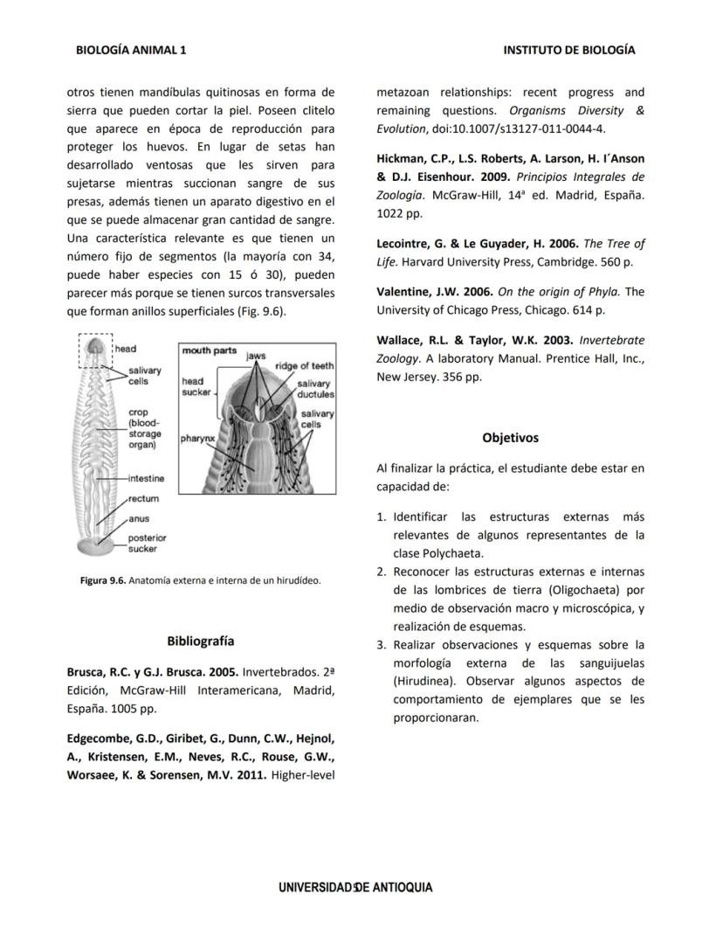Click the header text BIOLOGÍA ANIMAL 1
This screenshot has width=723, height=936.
click(131, 51)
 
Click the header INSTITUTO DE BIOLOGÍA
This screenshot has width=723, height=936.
click(568, 51)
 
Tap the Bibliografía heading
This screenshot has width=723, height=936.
click(200, 641)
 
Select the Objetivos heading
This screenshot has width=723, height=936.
click(510, 438)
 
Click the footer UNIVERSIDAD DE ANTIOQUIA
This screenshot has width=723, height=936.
click(355, 887)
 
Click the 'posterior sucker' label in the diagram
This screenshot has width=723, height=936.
click(147, 543)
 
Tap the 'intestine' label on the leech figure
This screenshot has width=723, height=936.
click(146, 479)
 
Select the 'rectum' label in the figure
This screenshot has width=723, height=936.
click(143, 499)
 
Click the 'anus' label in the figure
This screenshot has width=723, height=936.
click(138, 519)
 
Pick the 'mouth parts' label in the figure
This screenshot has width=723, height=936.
click(209, 350)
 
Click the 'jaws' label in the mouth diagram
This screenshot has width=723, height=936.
click(255, 357)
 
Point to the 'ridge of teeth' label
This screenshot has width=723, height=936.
click(304, 366)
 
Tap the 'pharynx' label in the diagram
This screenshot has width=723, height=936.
click(198, 437)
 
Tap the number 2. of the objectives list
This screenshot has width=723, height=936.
click(382, 572)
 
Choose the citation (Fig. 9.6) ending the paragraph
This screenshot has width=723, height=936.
click(261, 311)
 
